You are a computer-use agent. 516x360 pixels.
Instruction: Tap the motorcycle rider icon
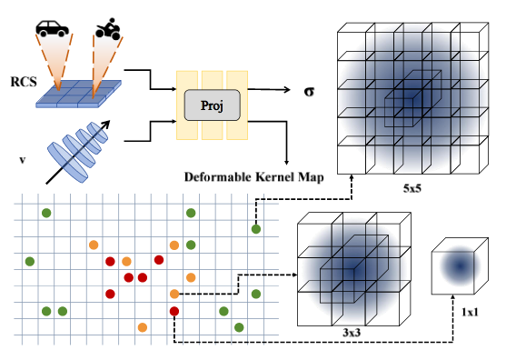[108, 26]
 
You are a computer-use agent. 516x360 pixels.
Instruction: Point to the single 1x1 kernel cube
[461, 266]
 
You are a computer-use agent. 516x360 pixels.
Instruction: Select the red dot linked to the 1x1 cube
[174, 311]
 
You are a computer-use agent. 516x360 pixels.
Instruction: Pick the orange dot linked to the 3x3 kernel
[174, 294]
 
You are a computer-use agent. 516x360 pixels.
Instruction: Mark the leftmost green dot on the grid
[29, 262]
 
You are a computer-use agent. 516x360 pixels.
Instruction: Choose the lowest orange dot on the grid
[142, 326]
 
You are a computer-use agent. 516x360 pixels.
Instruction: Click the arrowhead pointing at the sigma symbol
[275, 90]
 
